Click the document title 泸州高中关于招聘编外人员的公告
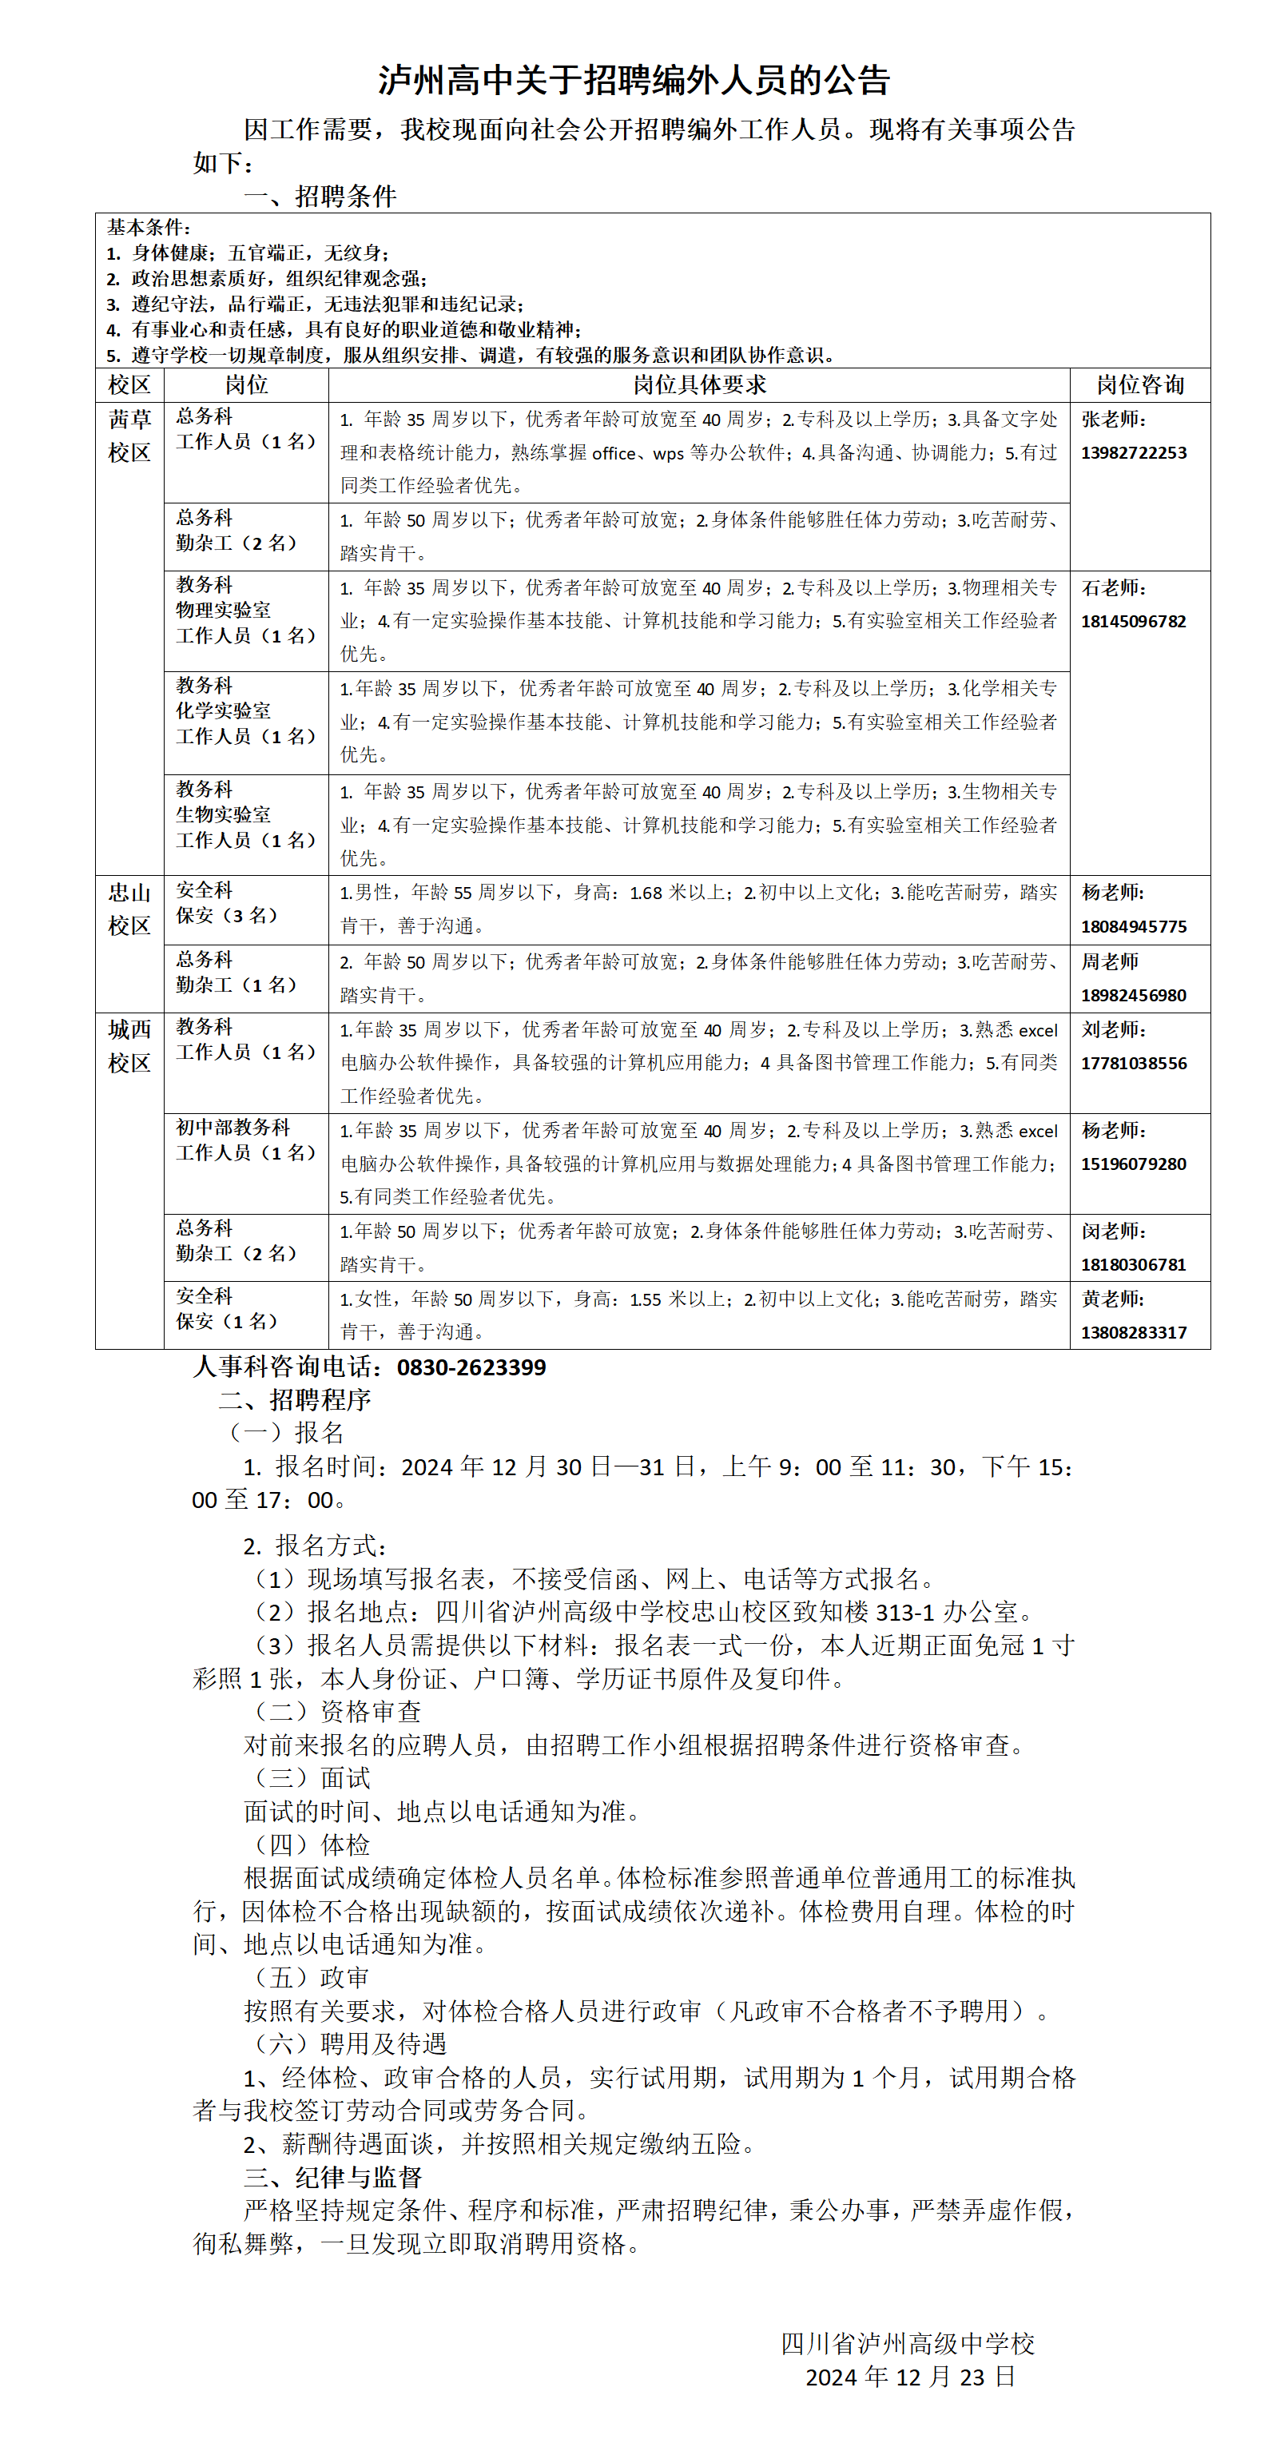(634, 80)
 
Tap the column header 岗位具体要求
(699, 384)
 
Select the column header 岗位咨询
(1139, 384)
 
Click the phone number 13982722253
(1133, 453)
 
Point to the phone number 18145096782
(1133, 621)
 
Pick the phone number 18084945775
(1133, 927)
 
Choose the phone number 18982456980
(1133, 995)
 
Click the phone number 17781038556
(1133, 1063)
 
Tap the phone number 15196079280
(1133, 1164)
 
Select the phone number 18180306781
(1133, 1264)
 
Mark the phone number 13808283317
(1133, 1332)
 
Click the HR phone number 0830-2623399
(471, 1367)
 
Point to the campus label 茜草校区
(129, 436)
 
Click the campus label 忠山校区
(129, 909)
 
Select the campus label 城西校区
(129, 1045)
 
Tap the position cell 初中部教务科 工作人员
(244, 1140)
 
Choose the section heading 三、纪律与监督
(332, 2178)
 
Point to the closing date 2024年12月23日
(909, 2377)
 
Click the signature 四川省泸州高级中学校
(908, 2343)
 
